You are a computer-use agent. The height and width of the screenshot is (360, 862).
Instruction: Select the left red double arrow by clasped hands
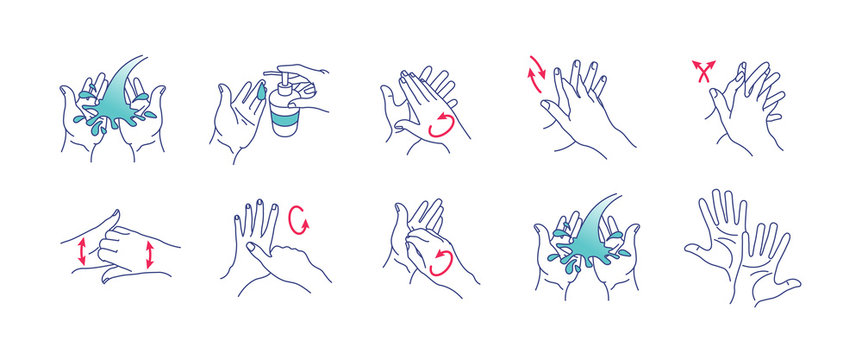pyautogui.click(x=77, y=252)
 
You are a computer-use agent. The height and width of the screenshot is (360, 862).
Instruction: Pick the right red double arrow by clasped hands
pyautogui.click(x=149, y=252)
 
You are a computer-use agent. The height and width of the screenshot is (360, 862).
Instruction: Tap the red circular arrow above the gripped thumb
pyautogui.click(x=296, y=217)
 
